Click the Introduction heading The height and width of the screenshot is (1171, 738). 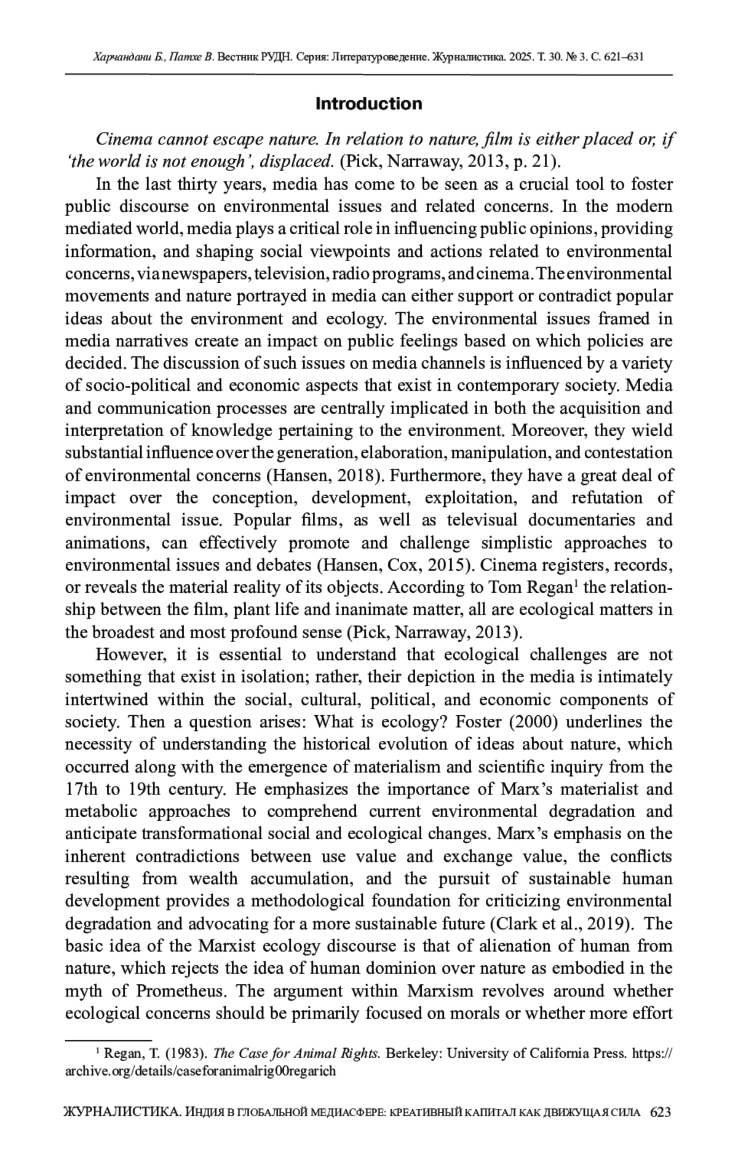click(x=368, y=104)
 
